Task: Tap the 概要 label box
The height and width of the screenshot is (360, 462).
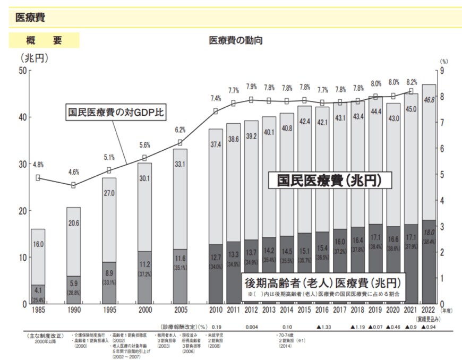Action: coord(45,40)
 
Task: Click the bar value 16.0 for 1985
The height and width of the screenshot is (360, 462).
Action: coord(38,244)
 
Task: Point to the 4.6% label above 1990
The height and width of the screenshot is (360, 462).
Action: coord(74,172)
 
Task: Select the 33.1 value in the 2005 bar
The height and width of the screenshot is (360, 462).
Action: coord(179,164)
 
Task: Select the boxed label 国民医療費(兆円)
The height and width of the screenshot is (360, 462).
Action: coord(330,181)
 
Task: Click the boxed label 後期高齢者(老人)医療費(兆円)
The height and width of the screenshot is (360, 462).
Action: coord(322,281)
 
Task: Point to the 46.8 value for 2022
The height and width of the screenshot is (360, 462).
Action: coord(429,99)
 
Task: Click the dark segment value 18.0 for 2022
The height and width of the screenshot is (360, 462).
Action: coord(429,233)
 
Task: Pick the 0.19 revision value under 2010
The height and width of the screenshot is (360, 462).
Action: coord(216,327)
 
